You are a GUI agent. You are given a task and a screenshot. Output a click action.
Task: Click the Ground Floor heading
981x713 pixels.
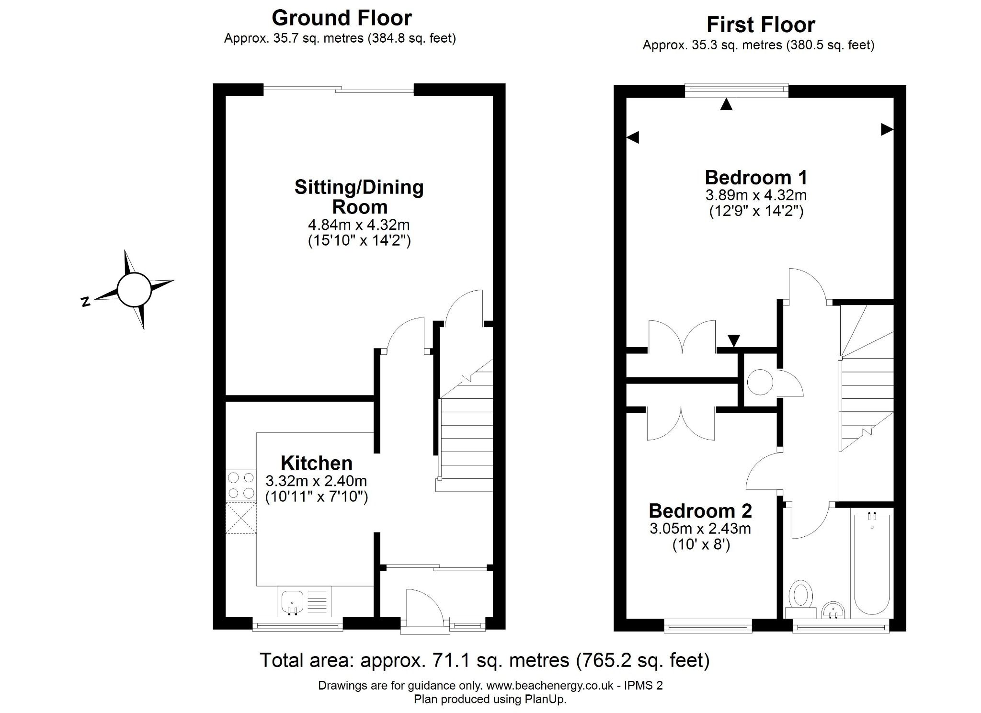pyautogui.click(x=342, y=18)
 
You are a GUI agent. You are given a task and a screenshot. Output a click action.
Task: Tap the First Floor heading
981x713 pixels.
pyautogui.click(x=760, y=25)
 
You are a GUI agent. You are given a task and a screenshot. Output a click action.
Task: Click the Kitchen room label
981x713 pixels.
pyautogui.click(x=317, y=463)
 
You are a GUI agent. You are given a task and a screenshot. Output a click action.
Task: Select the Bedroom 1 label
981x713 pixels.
pyautogui.click(x=756, y=178)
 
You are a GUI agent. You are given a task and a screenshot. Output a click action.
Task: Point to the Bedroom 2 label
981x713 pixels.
pyautogui.click(x=700, y=511)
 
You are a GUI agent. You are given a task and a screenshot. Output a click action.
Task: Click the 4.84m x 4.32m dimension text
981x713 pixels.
pyautogui.click(x=359, y=224)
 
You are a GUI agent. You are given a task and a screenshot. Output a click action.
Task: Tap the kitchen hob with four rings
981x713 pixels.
pyautogui.click(x=241, y=485)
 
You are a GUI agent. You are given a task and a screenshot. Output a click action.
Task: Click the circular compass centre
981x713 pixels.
pyautogui.click(x=134, y=290)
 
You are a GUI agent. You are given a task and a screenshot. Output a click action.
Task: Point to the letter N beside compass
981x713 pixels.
pyautogui.click(x=86, y=302)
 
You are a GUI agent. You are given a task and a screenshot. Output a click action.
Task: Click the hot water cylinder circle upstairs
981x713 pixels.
pyautogui.click(x=760, y=382)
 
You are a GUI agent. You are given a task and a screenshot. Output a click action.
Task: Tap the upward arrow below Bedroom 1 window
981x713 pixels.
pyautogui.click(x=726, y=104)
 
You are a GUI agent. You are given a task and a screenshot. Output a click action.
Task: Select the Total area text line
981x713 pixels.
pyautogui.click(x=484, y=660)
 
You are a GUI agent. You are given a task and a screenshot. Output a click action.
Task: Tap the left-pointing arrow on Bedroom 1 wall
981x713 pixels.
pyautogui.click(x=633, y=138)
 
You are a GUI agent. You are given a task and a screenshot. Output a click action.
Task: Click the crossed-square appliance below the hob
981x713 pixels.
pyautogui.click(x=241, y=518)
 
